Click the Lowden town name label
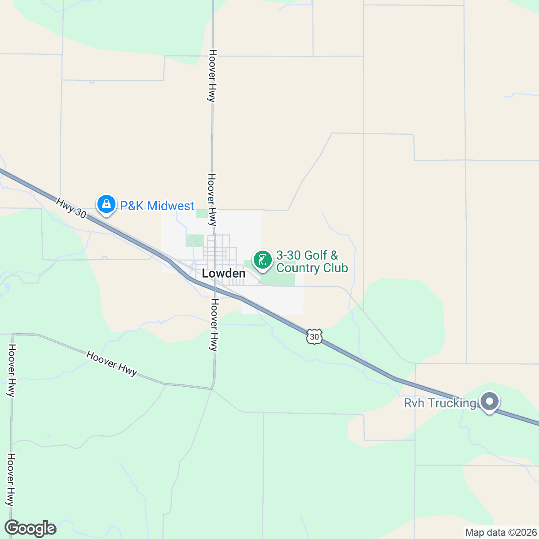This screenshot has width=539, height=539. (x=224, y=274)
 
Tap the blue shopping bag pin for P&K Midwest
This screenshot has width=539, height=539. (x=106, y=205)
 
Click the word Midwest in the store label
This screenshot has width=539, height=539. (x=171, y=206)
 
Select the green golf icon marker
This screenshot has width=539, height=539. (x=263, y=260)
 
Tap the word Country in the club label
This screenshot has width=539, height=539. (x=299, y=268)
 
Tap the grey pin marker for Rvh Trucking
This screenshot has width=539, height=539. (x=490, y=401)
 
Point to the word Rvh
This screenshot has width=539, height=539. (x=414, y=403)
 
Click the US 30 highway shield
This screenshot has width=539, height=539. (x=315, y=336)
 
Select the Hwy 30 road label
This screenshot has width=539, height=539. (x=71, y=208)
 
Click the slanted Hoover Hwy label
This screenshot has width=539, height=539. (x=111, y=364)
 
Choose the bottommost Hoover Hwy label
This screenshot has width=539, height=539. (x=11, y=479)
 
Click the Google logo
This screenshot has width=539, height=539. (x=31, y=529)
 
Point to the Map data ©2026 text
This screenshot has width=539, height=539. (x=501, y=533)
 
